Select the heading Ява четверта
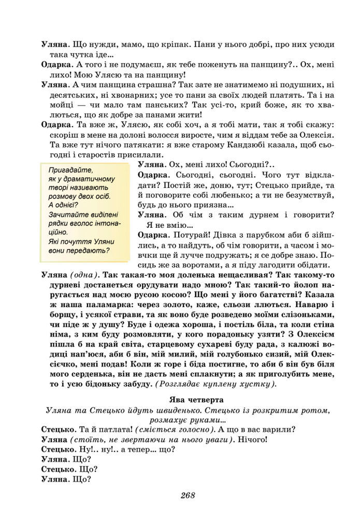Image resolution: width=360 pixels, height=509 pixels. (x=197, y=400)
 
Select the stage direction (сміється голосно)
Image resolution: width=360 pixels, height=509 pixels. (x=173, y=429)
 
